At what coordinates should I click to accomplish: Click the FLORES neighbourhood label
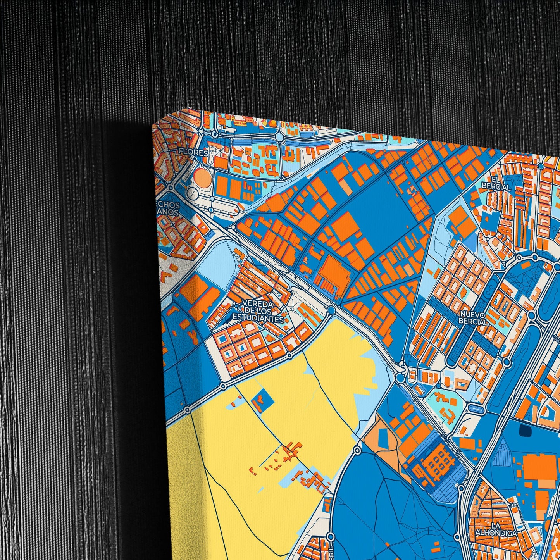pos(193,153)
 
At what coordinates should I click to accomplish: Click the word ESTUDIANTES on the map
pos(258,319)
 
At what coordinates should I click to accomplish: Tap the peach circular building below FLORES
pos(202,177)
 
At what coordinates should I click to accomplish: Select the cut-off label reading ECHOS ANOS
pos(169,208)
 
